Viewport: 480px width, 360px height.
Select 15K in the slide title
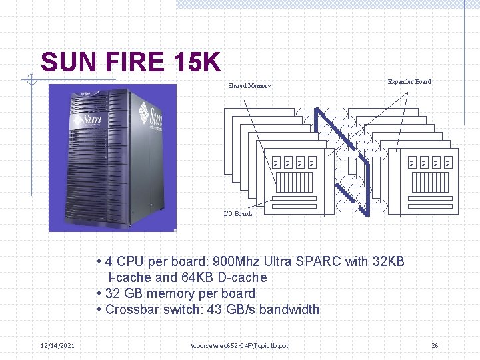pyautogui.click(x=196, y=63)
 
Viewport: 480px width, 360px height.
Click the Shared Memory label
pyautogui.click(x=249, y=86)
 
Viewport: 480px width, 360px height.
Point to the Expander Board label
pyautogui.click(x=409, y=82)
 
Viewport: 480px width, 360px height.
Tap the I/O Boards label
pyautogui.click(x=238, y=214)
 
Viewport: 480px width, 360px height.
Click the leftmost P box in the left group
pyautogui.click(x=276, y=163)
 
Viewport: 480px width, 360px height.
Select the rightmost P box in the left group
pyautogui.click(x=312, y=163)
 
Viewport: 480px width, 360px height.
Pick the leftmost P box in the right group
pyautogui.click(x=411, y=163)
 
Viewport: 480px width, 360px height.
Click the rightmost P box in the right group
pyautogui.click(x=447, y=163)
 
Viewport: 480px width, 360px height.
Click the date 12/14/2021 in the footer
pyautogui.click(x=57, y=345)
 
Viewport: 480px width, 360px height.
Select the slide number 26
pyautogui.click(x=435, y=345)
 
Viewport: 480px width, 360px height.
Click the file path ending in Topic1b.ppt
pyautogui.click(x=239, y=345)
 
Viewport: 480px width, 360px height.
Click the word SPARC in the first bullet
pyautogui.click(x=317, y=261)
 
